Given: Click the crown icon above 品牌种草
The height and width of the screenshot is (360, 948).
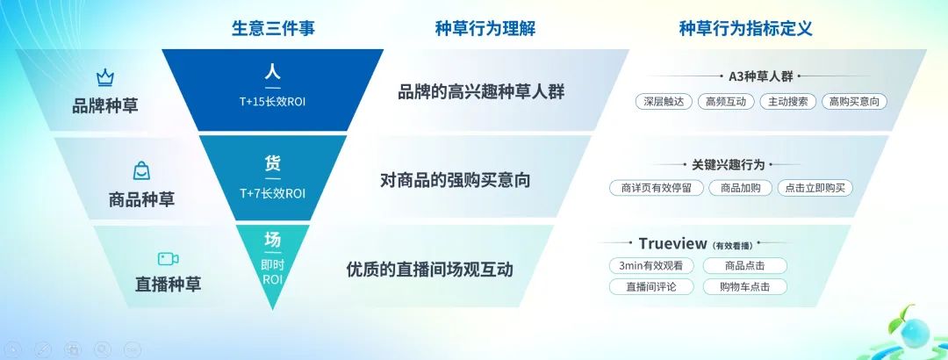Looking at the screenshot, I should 104,77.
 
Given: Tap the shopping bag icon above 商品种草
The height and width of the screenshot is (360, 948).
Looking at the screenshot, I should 141,170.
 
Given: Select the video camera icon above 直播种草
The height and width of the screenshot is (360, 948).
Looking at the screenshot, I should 168,258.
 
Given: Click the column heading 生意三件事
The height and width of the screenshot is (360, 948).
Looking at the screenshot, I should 273,28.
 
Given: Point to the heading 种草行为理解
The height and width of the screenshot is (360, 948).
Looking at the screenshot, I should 485,28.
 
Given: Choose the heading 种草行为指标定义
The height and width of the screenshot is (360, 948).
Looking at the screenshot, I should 745,28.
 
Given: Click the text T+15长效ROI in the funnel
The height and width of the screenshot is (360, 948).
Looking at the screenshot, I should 273,101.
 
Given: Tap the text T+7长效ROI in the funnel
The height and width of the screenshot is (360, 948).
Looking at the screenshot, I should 273,193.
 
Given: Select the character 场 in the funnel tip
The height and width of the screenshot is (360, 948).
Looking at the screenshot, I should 273,239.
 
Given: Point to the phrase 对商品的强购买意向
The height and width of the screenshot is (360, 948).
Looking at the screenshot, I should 455,180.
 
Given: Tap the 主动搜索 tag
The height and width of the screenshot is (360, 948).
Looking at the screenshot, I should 787,101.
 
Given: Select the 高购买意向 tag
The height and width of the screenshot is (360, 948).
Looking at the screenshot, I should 853,101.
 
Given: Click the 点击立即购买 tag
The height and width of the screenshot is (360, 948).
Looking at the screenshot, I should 814,188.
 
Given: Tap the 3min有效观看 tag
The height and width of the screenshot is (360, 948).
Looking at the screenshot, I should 651,266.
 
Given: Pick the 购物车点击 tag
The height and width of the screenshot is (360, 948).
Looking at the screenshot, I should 744,286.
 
